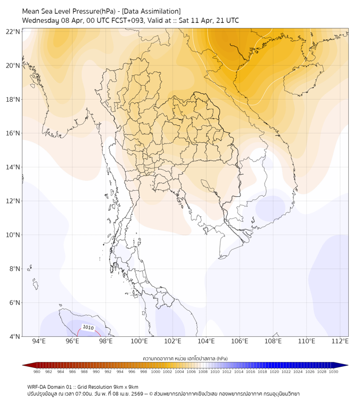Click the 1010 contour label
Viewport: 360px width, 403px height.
[88, 327]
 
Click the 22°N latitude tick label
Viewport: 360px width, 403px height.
[13, 31]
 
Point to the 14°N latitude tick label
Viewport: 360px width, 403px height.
[13, 167]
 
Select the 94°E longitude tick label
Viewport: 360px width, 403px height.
[39, 342]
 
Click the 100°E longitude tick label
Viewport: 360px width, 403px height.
[139, 342]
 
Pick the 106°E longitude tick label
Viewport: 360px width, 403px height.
[240, 342]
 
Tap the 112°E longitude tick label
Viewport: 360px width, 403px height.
[340, 342]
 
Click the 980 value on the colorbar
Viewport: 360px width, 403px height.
[37, 372]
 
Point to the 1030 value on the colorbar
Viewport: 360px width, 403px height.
[333, 372]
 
